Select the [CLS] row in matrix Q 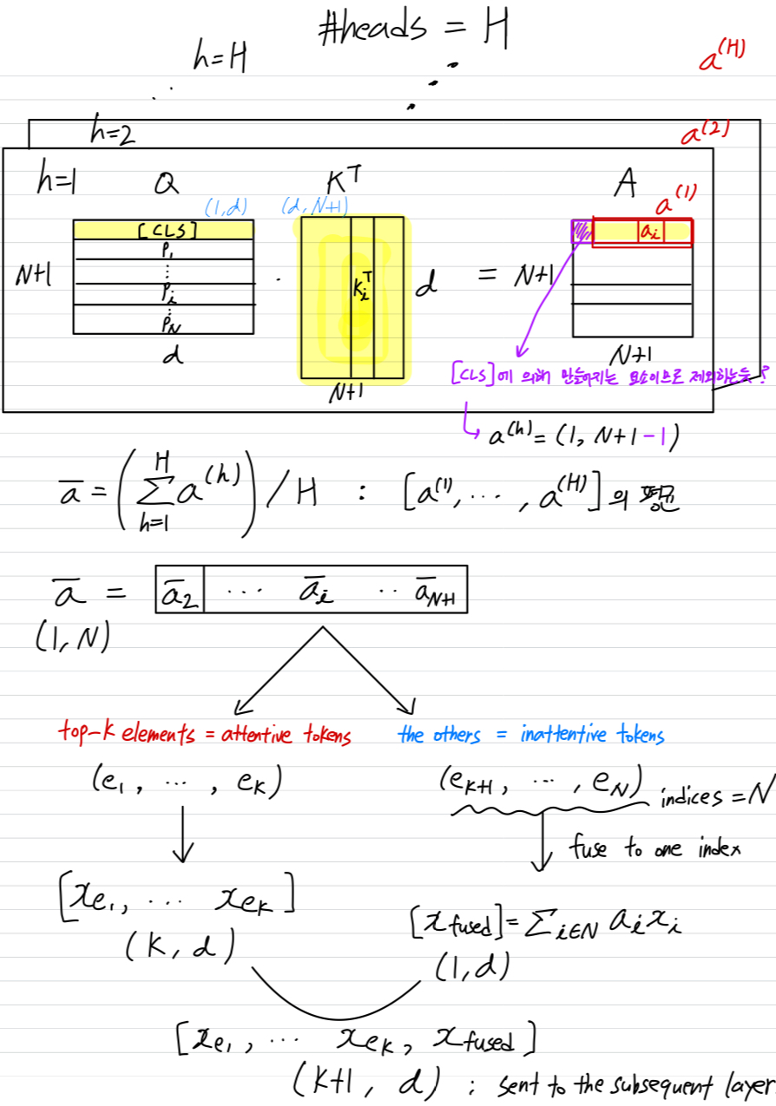163,230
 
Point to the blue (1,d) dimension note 226,207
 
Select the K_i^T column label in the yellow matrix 362,286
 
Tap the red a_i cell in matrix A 651,232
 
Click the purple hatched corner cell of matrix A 582,231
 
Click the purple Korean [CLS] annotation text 608,376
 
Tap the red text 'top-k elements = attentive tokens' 205,736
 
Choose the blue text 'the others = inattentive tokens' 531,736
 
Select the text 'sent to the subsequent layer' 634,1084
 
